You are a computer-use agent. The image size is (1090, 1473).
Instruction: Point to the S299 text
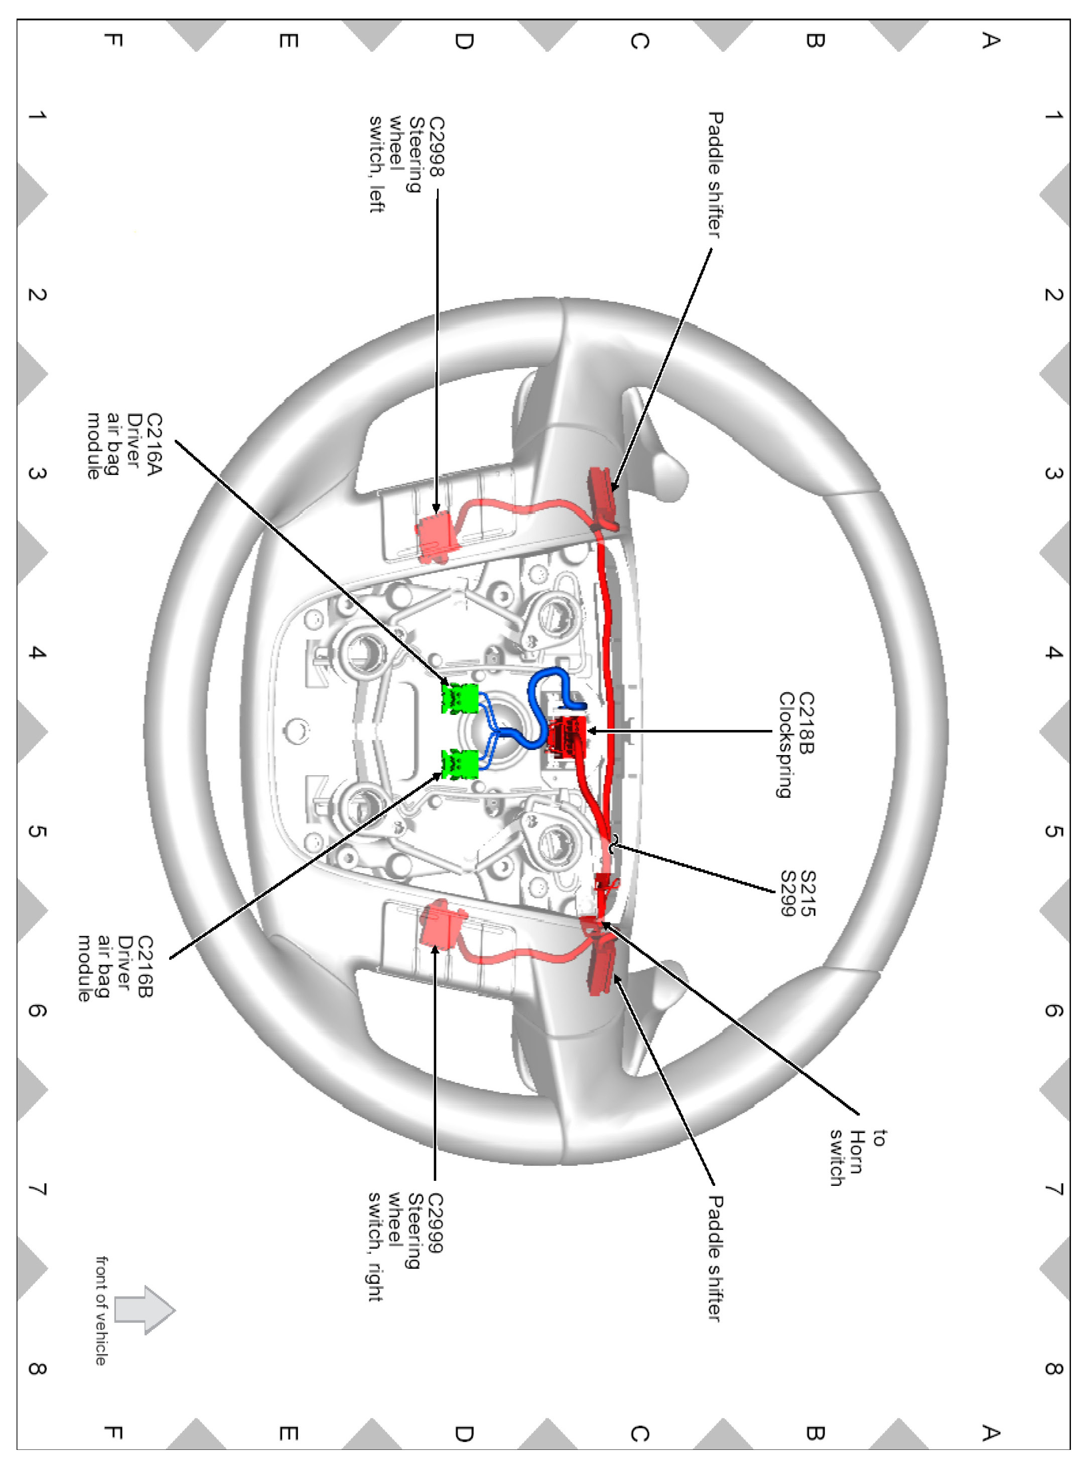pyautogui.click(x=788, y=893)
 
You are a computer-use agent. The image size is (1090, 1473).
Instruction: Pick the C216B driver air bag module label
pyautogui.click(x=115, y=967)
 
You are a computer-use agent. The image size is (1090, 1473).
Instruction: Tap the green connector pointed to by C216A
pyautogui.click(x=460, y=699)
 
